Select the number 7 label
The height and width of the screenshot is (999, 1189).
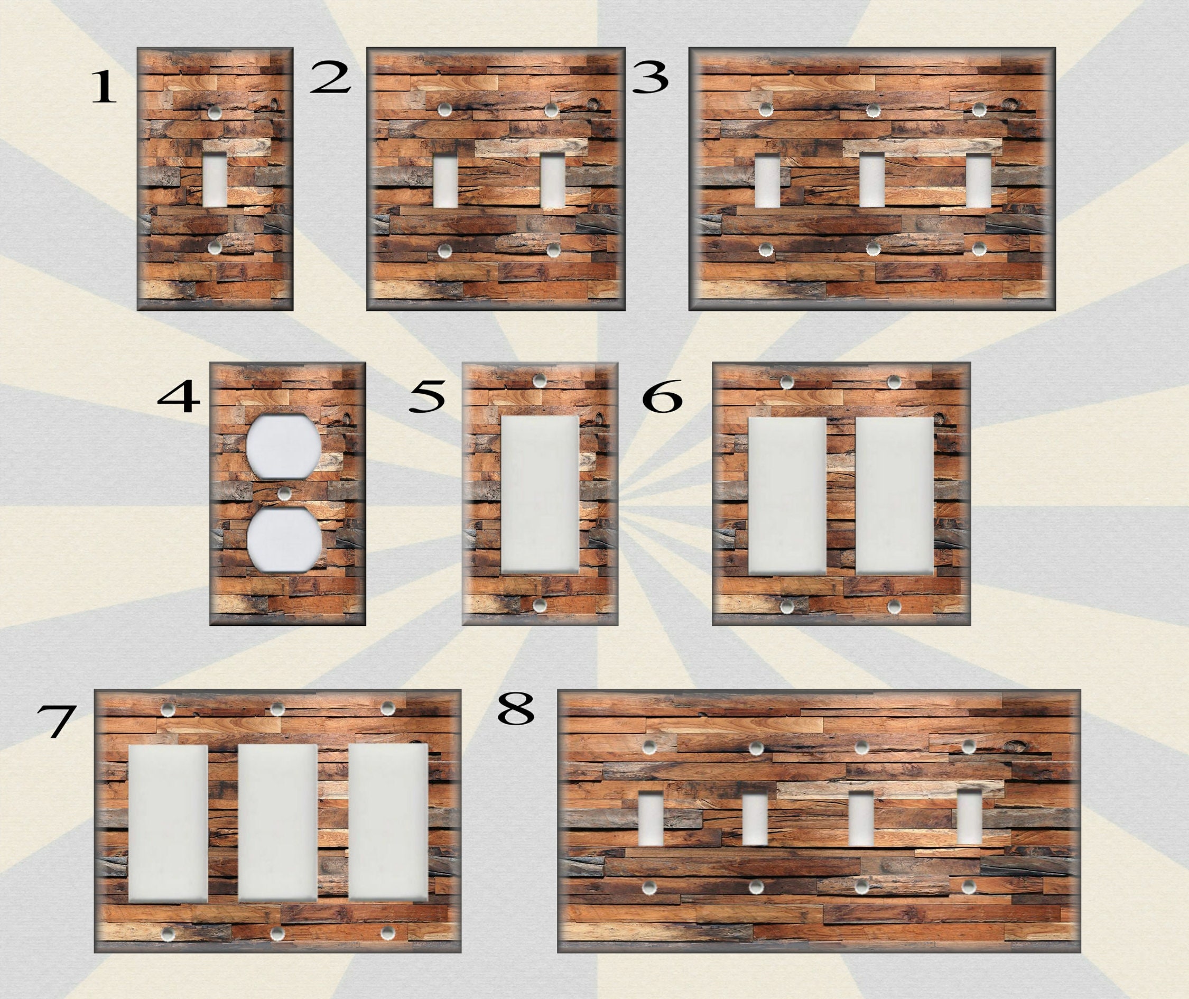coord(56,723)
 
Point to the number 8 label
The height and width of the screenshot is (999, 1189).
coord(516,709)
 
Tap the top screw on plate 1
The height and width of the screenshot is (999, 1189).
coord(215,113)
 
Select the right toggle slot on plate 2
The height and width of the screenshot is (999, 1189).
coord(552,181)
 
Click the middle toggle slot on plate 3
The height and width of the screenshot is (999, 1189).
coord(872,180)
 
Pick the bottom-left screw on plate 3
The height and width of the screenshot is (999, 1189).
coord(766,248)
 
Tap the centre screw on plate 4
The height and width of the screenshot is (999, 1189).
coord(283,494)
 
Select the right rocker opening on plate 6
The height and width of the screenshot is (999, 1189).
coord(895,496)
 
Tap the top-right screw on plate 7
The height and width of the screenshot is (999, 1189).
coord(388,708)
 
